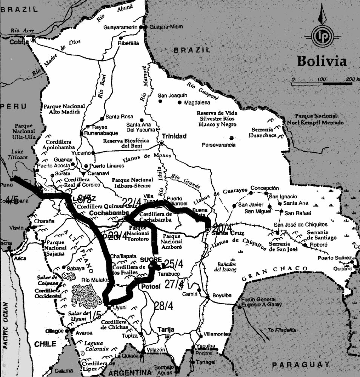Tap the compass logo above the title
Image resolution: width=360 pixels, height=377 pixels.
point(322,35)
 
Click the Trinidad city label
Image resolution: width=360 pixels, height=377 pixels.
point(174,136)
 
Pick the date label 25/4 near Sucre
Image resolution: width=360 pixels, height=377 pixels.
point(174,264)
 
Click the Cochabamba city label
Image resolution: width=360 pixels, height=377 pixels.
point(105,213)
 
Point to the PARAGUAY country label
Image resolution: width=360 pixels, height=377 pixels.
point(300,365)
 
